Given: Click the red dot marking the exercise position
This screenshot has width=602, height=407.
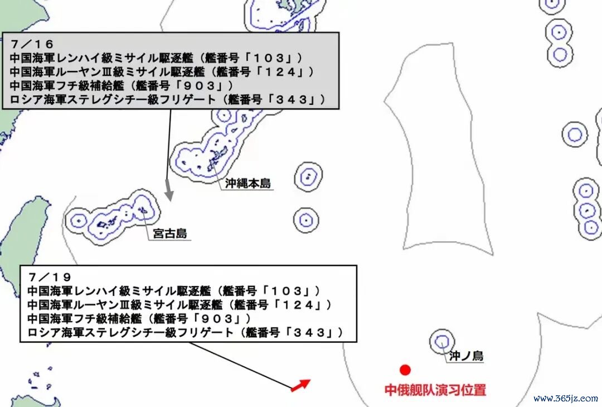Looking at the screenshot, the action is point(405,370).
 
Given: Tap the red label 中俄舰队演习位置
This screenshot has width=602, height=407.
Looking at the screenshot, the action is point(435,390).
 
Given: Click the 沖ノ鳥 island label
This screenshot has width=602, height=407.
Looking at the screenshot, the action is point(466,356).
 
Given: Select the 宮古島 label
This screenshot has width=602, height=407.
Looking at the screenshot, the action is point(169,233).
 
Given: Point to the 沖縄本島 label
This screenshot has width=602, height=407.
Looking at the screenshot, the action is point(248,183).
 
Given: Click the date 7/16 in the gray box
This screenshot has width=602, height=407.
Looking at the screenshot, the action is point(32,44).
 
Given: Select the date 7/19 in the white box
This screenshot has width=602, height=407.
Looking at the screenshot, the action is point(50,277).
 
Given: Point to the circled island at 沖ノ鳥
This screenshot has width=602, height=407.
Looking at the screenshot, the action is point(442,342).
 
